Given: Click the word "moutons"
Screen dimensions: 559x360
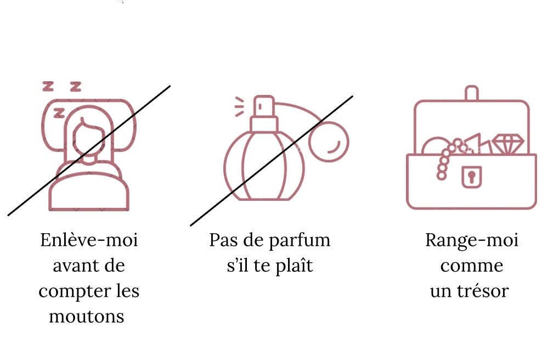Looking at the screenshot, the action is (87, 317).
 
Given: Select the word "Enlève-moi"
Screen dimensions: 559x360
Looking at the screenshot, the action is (89, 240).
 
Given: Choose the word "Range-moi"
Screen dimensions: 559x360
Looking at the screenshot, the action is (472, 241).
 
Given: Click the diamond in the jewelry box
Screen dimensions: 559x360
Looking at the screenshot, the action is (508, 144).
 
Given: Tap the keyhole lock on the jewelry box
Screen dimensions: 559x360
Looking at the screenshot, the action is (472, 176).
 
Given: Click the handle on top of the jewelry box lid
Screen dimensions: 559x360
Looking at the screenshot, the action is (472, 93).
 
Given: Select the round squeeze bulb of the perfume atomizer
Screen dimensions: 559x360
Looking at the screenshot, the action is (329, 142).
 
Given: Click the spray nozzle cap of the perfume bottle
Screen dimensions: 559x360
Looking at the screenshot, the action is (264, 106).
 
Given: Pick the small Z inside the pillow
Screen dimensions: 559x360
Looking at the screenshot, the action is (59, 113).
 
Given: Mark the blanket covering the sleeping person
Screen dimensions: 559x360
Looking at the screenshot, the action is (89, 191).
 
